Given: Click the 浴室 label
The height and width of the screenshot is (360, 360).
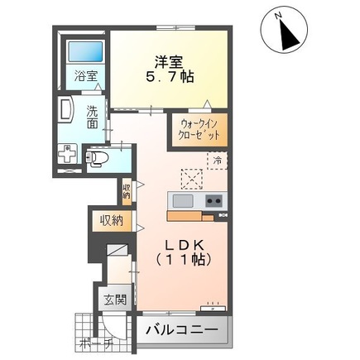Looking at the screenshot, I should tap(86, 75).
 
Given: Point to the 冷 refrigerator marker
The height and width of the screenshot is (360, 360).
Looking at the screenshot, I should tap(218, 161).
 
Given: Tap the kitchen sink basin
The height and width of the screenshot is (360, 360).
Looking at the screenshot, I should tap(182, 201).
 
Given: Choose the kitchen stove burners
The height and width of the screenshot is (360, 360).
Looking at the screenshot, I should tap(214, 201).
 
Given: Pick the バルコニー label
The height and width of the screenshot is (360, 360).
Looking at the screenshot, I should tap(182, 330).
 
